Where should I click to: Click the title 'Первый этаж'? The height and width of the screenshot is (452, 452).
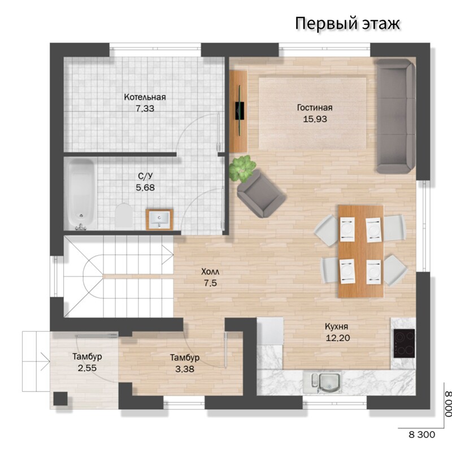tap(347, 24)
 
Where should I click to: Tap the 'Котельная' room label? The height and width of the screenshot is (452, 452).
tap(145, 97)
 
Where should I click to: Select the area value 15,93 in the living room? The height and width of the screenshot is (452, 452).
tap(315, 119)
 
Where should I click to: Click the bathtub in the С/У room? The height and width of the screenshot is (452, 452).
tap(80, 194)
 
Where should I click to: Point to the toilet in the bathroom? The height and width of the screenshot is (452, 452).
tap(124, 215)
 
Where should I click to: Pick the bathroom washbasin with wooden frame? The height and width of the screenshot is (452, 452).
tap(159, 220)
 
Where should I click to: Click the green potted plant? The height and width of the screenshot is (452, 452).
tap(242, 168)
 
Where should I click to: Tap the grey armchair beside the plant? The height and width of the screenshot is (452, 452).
tap(261, 194)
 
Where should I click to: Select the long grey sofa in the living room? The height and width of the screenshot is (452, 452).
tap(395, 116)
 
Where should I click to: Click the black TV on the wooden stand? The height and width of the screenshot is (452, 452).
tap(239, 110)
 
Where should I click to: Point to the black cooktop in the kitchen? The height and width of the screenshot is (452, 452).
tap(404, 344)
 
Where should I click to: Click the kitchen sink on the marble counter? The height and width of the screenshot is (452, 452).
tap(322, 383)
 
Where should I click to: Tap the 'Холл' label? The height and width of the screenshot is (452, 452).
tap(210, 272)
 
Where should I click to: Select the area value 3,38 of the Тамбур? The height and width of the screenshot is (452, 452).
tap(185, 369)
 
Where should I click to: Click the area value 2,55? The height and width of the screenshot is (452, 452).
tap(87, 368)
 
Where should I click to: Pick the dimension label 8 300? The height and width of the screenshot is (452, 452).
tap(421, 434)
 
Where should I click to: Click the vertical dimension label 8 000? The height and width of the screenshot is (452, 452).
tap(447, 403)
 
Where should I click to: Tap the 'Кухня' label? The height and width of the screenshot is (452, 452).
tap(336, 327)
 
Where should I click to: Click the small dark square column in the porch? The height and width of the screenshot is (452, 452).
tap(60, 399)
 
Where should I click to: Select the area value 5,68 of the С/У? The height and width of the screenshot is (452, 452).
tap(145, 188)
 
